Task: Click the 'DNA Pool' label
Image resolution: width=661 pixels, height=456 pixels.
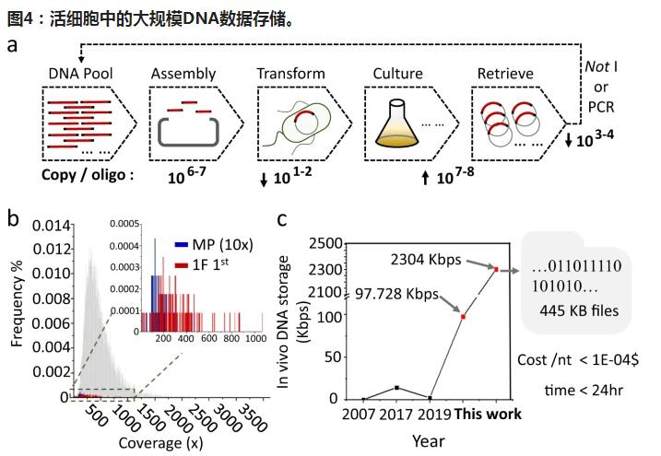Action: pyautogui.click(x=79, y=73)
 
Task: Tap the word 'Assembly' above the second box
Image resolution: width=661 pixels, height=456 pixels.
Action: pyautogui.click(x=183, y=73)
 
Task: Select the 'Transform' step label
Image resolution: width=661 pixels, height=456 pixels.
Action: pyautogui.click(x=290, y=73)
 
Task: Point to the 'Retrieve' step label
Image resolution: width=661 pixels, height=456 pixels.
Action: pyautogui.click(x=505, y=73)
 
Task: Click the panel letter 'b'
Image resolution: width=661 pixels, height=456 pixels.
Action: pyautogui.click(x=13, y=219)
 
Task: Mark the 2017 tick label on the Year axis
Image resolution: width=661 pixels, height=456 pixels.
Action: pyautogui.click(x=395, y=414)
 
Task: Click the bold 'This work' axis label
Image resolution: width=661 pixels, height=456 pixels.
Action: pyautogui.click(x=489, y=414)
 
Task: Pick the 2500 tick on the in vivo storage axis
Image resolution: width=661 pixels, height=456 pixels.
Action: pyautogui.click(x=322, y=244)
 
